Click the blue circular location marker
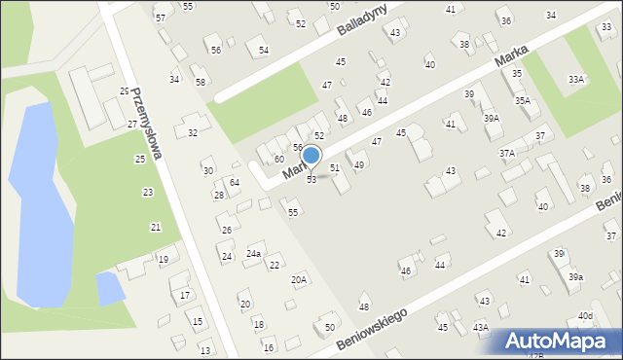311,156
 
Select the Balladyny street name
362,18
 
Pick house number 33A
577,79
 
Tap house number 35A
523,100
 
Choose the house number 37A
507,153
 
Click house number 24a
253,253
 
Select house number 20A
299,280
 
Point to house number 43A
480,328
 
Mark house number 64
235,182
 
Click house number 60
278,159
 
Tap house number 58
200,82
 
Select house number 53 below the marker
311,180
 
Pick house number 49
359,164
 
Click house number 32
193,132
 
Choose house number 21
155,227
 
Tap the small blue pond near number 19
110,288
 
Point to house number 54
263,50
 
